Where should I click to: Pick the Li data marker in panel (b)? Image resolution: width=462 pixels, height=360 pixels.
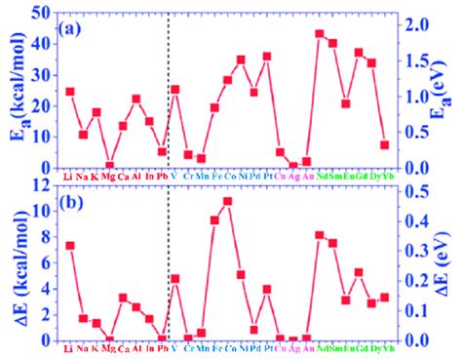(x=69, y=246)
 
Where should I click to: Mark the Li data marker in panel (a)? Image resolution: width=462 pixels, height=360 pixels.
(x=69, y=92)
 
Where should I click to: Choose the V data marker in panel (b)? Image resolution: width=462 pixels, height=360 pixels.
(x=175, y=279)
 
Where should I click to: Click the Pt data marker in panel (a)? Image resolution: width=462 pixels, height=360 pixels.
(x=267, y=57)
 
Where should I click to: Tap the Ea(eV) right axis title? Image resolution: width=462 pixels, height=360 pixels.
(x=443, y=88)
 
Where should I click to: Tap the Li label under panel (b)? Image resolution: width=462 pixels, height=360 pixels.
(x=69, y=348)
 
